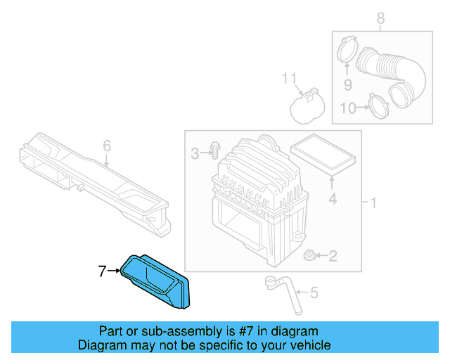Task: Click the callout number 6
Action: point(107,146)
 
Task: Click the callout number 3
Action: point(194,152)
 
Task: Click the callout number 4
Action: point(333,200)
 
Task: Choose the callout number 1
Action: point(373,204)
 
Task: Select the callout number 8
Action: point(381,19)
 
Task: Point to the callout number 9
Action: point(347,85)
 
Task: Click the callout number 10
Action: point(349,108)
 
